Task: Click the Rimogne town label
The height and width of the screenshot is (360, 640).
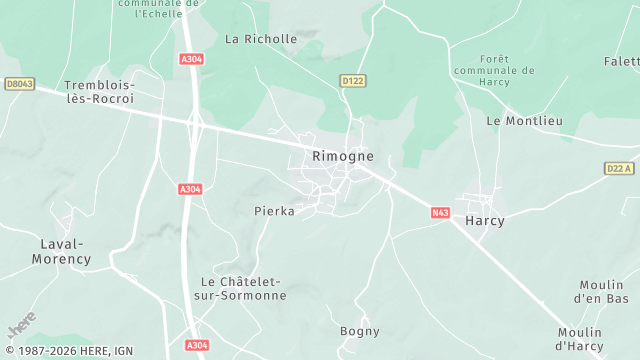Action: coord(343,156)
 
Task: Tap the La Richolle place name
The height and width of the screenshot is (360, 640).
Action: coord(261,40)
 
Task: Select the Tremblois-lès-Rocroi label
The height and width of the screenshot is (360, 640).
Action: coord(99,93)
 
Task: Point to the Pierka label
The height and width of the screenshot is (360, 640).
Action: coord(274,211)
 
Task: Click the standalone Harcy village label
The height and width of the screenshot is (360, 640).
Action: coord(485,220)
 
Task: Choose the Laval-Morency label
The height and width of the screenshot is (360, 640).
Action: coord(65,251)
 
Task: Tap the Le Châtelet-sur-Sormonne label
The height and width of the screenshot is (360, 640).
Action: coord(244,288)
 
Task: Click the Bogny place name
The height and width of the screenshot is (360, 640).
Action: coord(360,331)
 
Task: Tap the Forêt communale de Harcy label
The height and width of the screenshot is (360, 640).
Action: coord(494,70)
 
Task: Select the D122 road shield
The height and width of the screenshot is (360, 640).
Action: coord(352,80)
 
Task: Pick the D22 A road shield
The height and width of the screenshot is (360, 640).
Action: coord(620,168)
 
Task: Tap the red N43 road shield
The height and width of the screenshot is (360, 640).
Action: coord(441,212)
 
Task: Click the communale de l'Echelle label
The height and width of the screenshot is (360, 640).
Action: coord(156,9)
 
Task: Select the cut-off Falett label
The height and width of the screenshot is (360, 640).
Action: coord(620,61)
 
